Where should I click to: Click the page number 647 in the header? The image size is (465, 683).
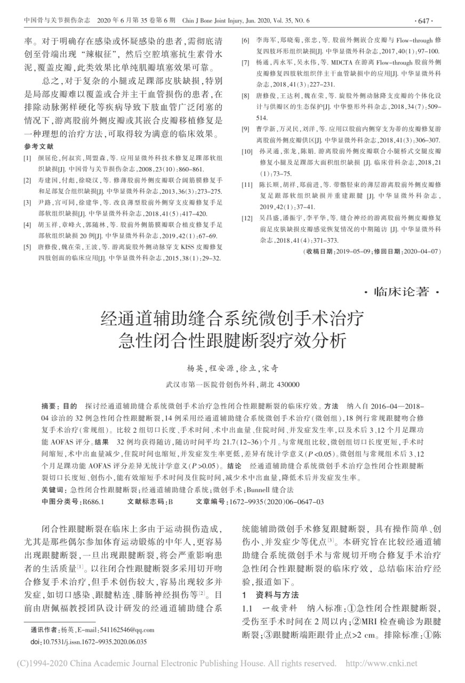[422, 21]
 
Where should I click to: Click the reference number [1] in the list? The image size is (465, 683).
[27, 158]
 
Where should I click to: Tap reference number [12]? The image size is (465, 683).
[246, 218]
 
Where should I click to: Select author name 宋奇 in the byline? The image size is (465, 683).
[270, 369]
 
